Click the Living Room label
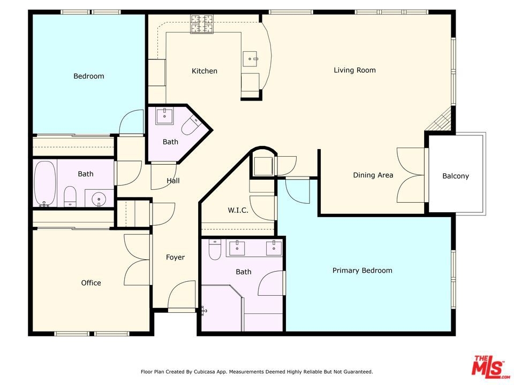click(354, 70)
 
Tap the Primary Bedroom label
click(362, 271)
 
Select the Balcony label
click(456, 176)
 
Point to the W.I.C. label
click(238, 210)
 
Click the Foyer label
click(175, 257)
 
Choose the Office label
click(91, 283)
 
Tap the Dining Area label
click(373, 175)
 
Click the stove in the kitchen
click(202, 24)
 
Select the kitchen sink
click(250, 59)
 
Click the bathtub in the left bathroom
click(44, 183)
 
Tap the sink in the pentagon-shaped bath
click(164, 116)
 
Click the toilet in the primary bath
click(215, 250)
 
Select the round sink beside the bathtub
click(98, 198)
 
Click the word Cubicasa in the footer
click(205, 372)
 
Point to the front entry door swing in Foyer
click(182, 294)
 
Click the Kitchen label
click(204, 71)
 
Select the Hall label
click(173, 181)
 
